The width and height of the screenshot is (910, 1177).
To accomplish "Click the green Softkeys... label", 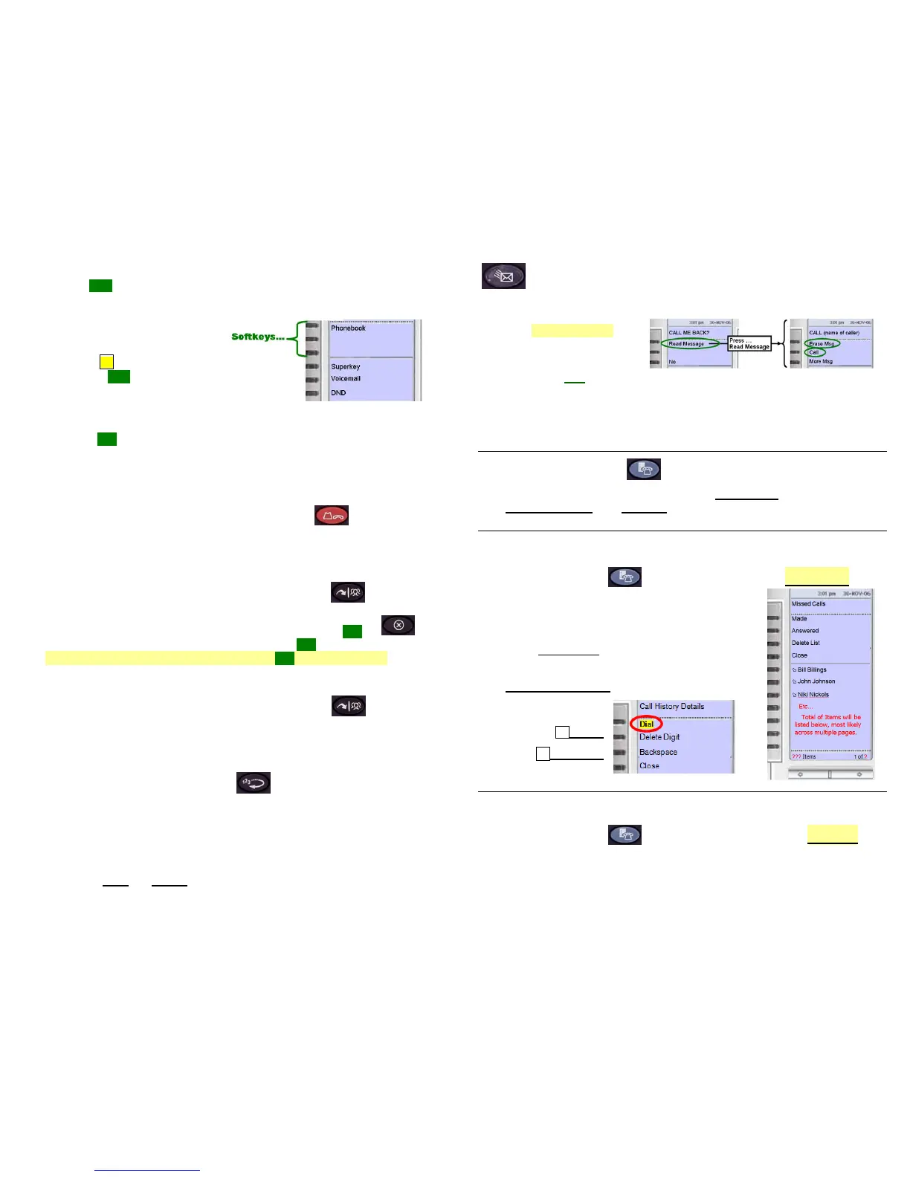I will point(257,337).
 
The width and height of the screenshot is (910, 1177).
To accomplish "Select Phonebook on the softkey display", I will point(348,328).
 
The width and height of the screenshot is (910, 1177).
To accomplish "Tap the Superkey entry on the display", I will point(345,366).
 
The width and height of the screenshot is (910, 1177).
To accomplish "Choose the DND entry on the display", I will point(338,392).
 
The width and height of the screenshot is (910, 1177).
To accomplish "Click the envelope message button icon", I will point(503,276).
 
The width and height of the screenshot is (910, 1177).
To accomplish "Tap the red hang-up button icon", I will point(332,515).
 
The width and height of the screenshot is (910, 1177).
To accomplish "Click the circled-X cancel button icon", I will point(398,625).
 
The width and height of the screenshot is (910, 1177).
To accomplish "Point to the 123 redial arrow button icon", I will point(254,782).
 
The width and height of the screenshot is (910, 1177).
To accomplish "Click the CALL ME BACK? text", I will point(688,332).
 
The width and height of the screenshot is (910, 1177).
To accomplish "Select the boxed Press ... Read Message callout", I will point(749,343).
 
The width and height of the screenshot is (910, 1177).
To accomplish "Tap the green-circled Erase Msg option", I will point(822,343).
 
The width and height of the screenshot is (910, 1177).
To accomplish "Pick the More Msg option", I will point(821,361).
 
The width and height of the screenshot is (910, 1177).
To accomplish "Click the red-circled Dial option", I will point(646,724).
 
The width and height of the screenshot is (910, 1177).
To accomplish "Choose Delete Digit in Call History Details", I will point(659,737).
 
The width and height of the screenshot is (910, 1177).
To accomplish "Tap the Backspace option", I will point(658,752).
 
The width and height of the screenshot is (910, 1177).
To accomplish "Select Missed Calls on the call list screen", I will point(808,603).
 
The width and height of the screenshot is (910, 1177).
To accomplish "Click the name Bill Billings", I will point(812,669).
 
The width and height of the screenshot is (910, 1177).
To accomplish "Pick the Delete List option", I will point(805,643).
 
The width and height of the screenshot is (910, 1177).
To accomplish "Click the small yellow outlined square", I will point(106,362).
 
